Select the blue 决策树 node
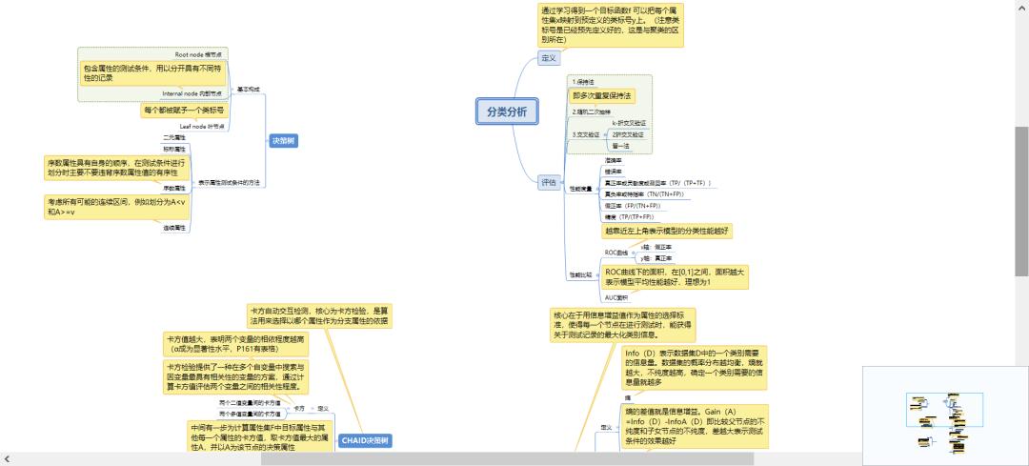(283, 140)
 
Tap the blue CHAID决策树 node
(366, 440)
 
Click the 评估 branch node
(548, 182)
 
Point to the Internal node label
(192, 93)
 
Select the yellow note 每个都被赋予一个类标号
(184, 111)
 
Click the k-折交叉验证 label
(628, 123)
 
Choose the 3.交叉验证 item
(586, 134)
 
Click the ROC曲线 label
(616, 253)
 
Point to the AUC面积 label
(616, 297)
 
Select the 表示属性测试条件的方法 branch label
(229, 182)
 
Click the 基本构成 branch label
(248, 89)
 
